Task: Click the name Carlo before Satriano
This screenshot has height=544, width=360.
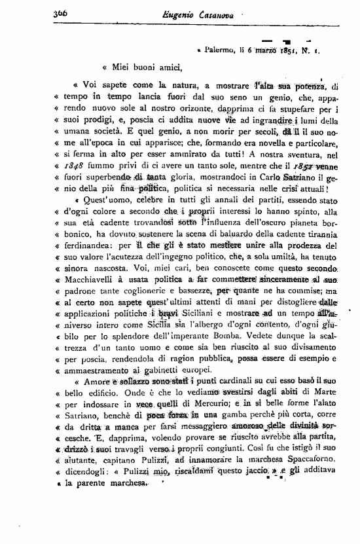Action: pyautogui.click(x=262, y=185)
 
